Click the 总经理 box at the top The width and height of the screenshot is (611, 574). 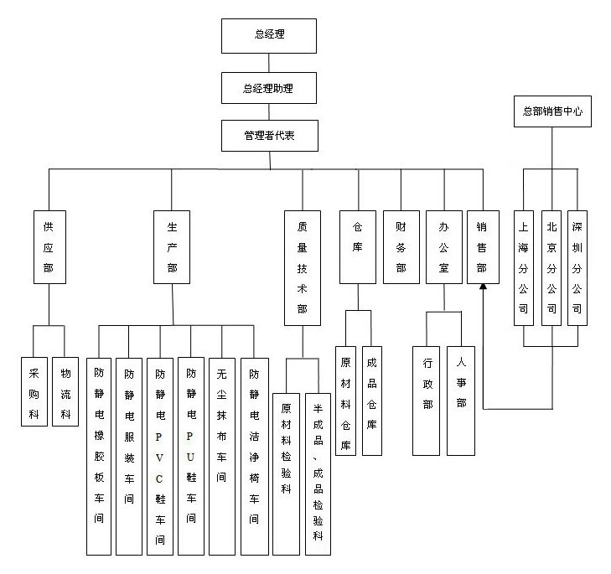pos(268,35)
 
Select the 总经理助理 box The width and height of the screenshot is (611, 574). pos(268,87)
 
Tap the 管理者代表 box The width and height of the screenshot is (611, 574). pos(268,135)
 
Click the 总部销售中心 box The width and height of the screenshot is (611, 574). pos(552,111)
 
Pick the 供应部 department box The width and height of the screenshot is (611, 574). pos(49,246)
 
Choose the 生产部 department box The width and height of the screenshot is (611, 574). pos(172,246)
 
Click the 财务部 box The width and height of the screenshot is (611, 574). pos(401,246)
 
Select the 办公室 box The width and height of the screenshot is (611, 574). pos(443,246)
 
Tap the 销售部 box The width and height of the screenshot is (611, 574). pos(483,246)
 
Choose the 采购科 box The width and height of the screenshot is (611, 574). pos(34,391)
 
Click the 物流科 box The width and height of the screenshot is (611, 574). pos(65,391)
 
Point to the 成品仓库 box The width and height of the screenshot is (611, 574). pos(371,401)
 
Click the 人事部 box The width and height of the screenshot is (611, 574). pos(461,401)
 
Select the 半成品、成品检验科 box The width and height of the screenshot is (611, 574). pos(318,473)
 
